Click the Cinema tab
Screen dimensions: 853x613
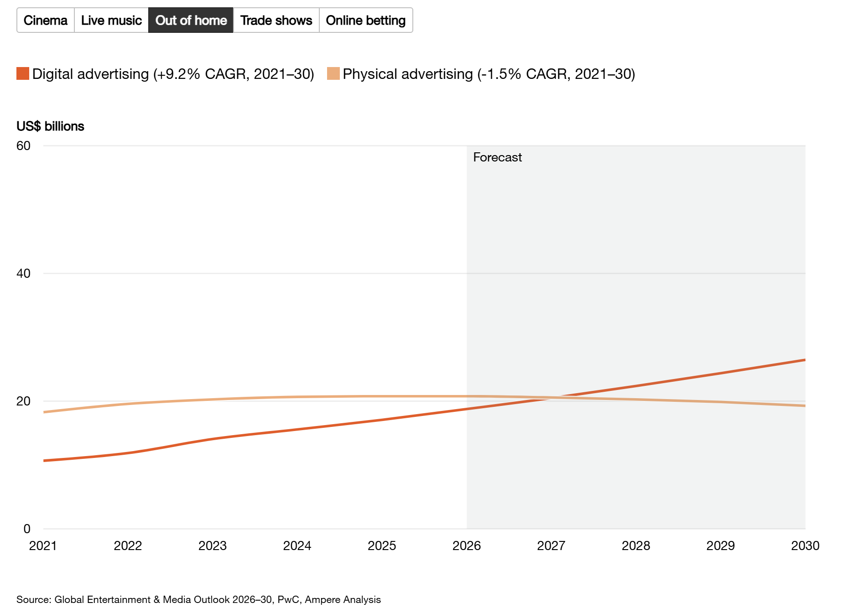(46, 20)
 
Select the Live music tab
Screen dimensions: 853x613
(111, 20)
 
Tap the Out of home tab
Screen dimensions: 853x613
(191, 20)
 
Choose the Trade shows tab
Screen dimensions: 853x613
(276, 20)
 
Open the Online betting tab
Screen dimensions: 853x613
(366, 20)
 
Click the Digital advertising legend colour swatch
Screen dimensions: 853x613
(23, 73)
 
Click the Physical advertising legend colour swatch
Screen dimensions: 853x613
(333, 73)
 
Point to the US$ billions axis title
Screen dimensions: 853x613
(50, 126)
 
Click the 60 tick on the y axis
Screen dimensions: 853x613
(23, 146)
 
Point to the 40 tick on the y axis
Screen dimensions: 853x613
(23, 274)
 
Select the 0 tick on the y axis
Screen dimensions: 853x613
(27, 529)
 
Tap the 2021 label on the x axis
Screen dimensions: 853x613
(43, 545)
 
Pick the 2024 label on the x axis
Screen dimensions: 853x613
(297, 545)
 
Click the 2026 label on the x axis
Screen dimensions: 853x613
(467, 545)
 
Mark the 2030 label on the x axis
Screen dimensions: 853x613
(805, 545)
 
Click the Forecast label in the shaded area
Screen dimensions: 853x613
(497, 157)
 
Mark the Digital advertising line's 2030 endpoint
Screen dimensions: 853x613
(805, 360)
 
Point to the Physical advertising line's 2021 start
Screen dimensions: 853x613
(44, 412)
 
